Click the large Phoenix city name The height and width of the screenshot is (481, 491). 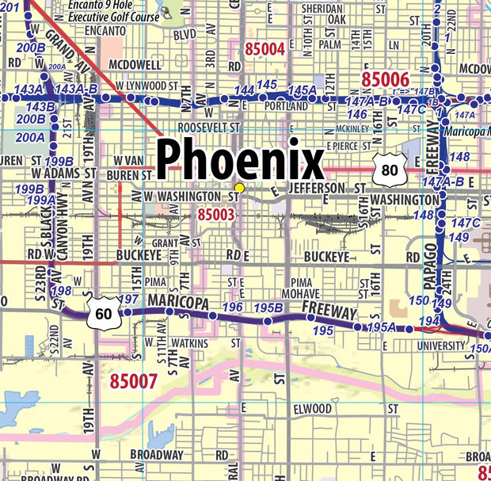coord(239,160)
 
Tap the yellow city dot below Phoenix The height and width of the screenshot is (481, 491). coord(239,187)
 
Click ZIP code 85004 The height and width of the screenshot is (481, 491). coord(265,49)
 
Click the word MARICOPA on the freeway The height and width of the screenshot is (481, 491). coord(177,303)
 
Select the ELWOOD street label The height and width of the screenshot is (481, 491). coord(312,409)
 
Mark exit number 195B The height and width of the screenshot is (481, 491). coord(269,307)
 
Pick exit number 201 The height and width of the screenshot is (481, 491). coord(10,7)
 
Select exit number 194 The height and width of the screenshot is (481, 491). coord(428,320)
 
